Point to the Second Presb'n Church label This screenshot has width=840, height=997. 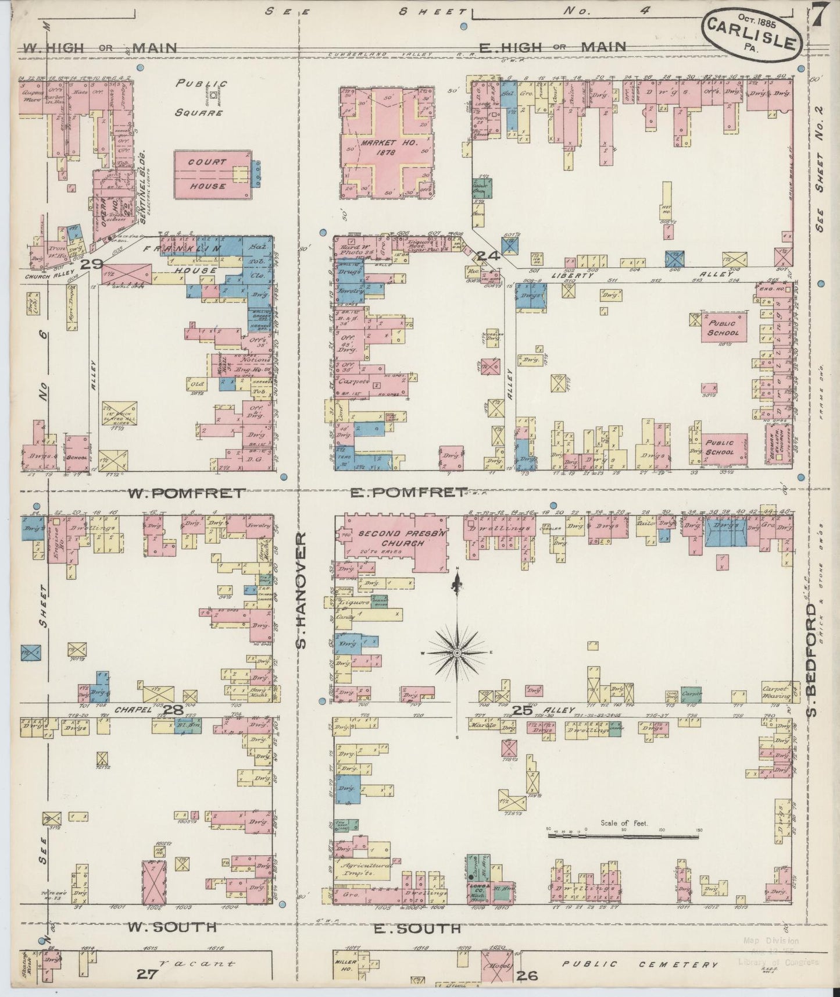pos(391,538)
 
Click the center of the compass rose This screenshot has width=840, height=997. pos(458,653)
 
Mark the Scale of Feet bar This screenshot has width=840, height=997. pos(623,836)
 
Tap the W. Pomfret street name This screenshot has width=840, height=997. pos(185,494)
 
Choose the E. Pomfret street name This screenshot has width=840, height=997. pos(408,493)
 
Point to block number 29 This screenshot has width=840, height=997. pos(92,264)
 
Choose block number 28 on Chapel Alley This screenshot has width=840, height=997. pos(173,710)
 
